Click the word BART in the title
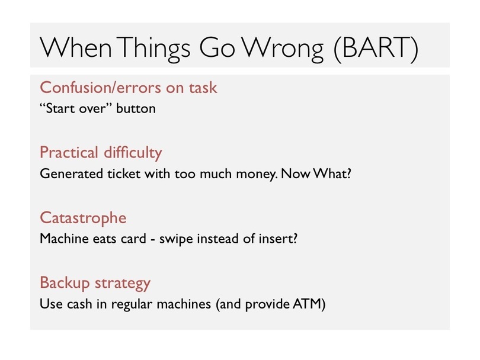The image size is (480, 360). click(376, 47)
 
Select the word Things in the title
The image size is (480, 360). click(153, 50)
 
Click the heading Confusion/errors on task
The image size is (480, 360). click(128, 88)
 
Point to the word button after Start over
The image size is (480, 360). click(136, 108)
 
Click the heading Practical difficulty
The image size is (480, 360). click(101, 153)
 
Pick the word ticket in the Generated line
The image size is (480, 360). click(124, 173)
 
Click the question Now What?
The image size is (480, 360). click(316, 173)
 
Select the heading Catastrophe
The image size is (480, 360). click(83, 218)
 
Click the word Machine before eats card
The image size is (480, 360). click(64, 239)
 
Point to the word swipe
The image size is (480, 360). click(176, 239)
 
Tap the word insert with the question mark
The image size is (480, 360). click(278, 239)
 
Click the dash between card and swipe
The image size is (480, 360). click(152, 239)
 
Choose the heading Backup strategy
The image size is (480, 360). click(95, 283)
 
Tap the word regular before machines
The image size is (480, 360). click(132, 305)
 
